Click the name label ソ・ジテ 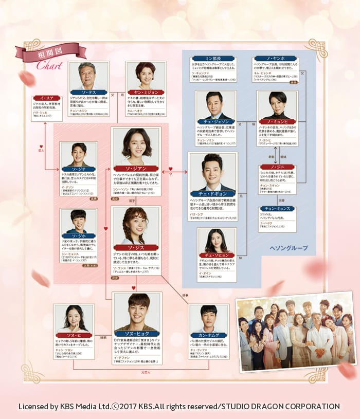point(79,169)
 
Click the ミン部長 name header point(209,59)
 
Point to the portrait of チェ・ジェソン point(215,105)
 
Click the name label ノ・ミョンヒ point(277,122)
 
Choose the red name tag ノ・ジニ point(277,167)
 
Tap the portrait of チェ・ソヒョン point(217,241)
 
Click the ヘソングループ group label point(289,247)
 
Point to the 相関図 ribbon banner point(50,53)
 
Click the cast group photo point(296,332)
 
